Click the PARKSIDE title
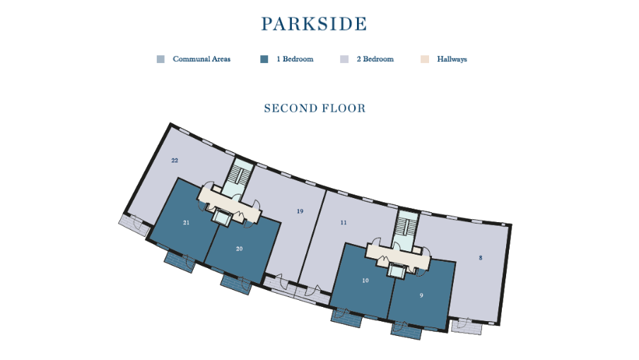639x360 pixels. [314, 23]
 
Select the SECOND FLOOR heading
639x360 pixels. [315, 108]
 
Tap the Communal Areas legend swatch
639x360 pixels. [160, 59]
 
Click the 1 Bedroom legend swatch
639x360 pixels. [264, 59]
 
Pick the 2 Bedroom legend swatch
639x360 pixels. [344, 59]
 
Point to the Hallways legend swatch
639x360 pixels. [425, 59]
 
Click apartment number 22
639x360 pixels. [175, 161]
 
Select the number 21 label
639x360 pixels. [186, 222]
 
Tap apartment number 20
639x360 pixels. [240, 248]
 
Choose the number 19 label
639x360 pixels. [300, 211]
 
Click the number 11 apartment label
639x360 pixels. [344, 222]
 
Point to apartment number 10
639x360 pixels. [365, 280]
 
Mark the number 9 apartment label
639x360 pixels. [421, 295]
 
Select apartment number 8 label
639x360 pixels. [481, 258]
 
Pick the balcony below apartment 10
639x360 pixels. [346, 315]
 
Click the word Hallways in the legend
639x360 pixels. [452, 59]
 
